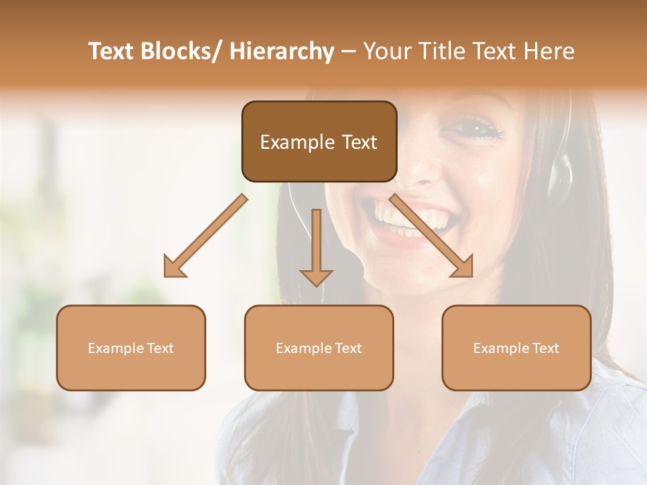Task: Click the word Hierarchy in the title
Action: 281,52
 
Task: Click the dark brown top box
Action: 319,141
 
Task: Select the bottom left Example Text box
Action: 131,348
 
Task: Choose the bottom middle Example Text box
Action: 319,348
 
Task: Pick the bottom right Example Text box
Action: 516,348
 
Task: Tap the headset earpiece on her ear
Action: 559,172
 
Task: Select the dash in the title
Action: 348,52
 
